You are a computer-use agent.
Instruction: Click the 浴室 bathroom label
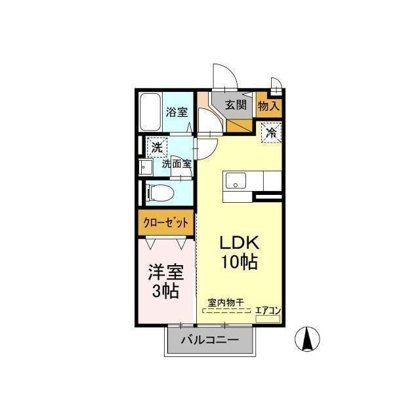[x=177, y=112]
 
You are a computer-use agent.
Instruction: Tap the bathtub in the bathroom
[x=150, y=112]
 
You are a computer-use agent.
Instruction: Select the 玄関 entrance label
[x=236, y=104]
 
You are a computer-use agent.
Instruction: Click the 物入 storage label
[x=268, y=106]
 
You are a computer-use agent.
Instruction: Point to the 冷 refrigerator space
[x=271, y=133]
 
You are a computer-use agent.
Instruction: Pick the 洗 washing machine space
[x=157, y=147]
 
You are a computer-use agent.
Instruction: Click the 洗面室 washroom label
[x=177, y=163]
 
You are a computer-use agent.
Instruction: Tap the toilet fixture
[x=161, y=193]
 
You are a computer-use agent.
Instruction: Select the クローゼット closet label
[x=166, y=223]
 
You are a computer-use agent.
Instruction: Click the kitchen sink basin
[x=236, y=181]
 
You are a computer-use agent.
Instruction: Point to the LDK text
[x=239, y=242]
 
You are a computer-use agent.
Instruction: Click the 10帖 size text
[x=239, y=262]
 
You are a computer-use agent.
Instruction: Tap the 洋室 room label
[x=166, y=272]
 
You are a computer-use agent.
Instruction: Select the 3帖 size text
[x=165, y=291]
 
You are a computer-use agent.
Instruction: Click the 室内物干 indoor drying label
[x=226, y=303]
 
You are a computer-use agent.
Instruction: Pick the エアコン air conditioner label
[x=268, y=310]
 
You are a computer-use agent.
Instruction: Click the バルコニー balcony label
[x=210, y=340]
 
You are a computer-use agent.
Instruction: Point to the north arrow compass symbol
[x=307, y=339]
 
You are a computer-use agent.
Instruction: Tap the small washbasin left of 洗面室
[x=146, y=167]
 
